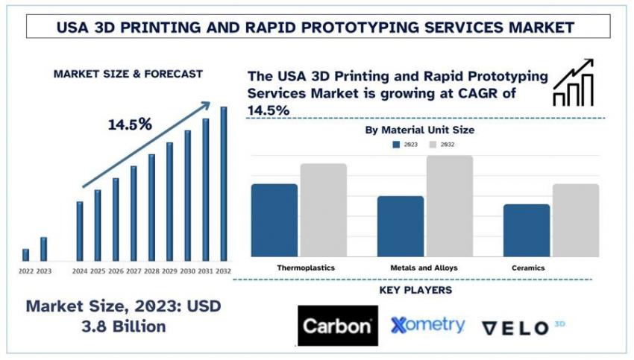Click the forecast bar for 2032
pos(223,183)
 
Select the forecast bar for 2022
pos(25,255)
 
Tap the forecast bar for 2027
pos(134,213)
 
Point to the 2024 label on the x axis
pos(80,271)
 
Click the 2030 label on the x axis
pos(187,271)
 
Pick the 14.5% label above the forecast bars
pos(130,124)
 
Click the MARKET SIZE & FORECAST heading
pos(128,74)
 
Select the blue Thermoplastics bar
pos(274,220)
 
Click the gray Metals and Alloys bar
pos(450,206)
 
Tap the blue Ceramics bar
pos(526,230)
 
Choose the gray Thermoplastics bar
pos(324,209)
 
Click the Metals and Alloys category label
pos(424,267)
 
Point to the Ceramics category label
pos(528,267)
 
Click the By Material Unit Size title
pos(419,130)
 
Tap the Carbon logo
pos(336,326)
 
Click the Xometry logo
pos(428,325)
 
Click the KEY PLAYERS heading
pos(415,290)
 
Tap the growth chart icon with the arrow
pos(573,82)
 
